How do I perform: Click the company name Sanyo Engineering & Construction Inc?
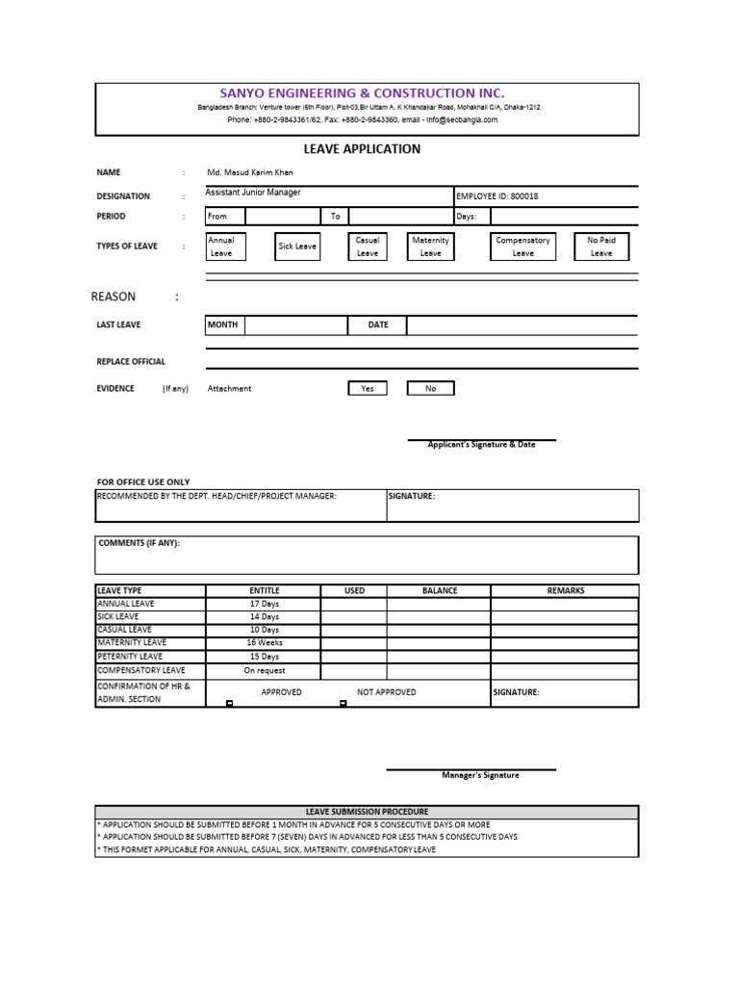(x=362, y=92)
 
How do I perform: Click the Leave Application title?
(x=362, y=149)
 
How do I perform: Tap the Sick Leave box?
(x=297, y=246)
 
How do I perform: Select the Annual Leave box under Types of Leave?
(x=225, y=246)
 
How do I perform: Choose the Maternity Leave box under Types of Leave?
(x=430, y=246)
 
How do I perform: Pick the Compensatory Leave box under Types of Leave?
(x=522, y=246)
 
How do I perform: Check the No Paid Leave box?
(x=600, y=246)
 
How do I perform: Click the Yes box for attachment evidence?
(x=367, y=388)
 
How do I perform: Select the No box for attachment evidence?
(x=430, y=388)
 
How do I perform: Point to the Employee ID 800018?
(x=497, y=196)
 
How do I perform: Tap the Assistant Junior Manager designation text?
(x=253, y=193)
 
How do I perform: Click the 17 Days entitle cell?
(x=265, y=604)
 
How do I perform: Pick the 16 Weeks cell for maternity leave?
(x=265, y=642)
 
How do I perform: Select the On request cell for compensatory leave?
(x=265, y=670)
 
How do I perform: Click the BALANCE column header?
(x=439, y=590)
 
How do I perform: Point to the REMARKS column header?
(x=565, y=590)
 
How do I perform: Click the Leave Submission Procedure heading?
(x=366, y=812)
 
